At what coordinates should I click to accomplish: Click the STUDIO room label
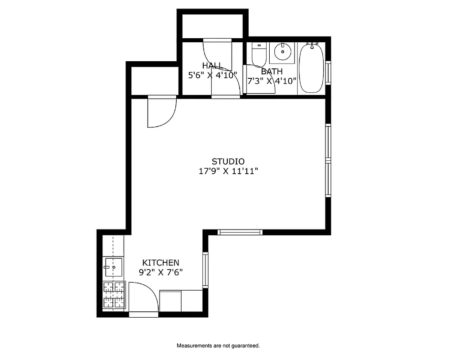(x=228, y=161)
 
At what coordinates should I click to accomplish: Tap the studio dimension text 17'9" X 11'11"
(x=228, y=171)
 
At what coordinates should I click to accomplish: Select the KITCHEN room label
(x=160, y=262)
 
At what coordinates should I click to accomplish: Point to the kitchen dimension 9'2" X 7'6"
(x=160, y=272)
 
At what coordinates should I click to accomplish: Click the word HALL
(x=212, y=66)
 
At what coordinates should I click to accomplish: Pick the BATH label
(x=272, y=71)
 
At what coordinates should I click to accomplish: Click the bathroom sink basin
(x=283, y=52)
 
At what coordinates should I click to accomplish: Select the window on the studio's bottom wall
(x=240, y=232)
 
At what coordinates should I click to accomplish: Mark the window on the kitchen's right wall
(x=205, y=269)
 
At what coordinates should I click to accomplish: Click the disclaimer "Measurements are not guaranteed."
(x=218, y=346)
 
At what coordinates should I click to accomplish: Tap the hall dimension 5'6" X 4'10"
(x=212, y=76)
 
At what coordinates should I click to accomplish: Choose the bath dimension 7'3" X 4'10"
(x=272, y=81)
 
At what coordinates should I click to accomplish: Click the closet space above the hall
(x=212, y=25)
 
